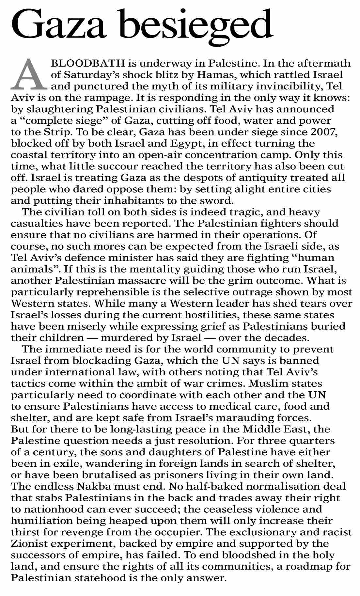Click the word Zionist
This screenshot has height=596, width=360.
[31, 543]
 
